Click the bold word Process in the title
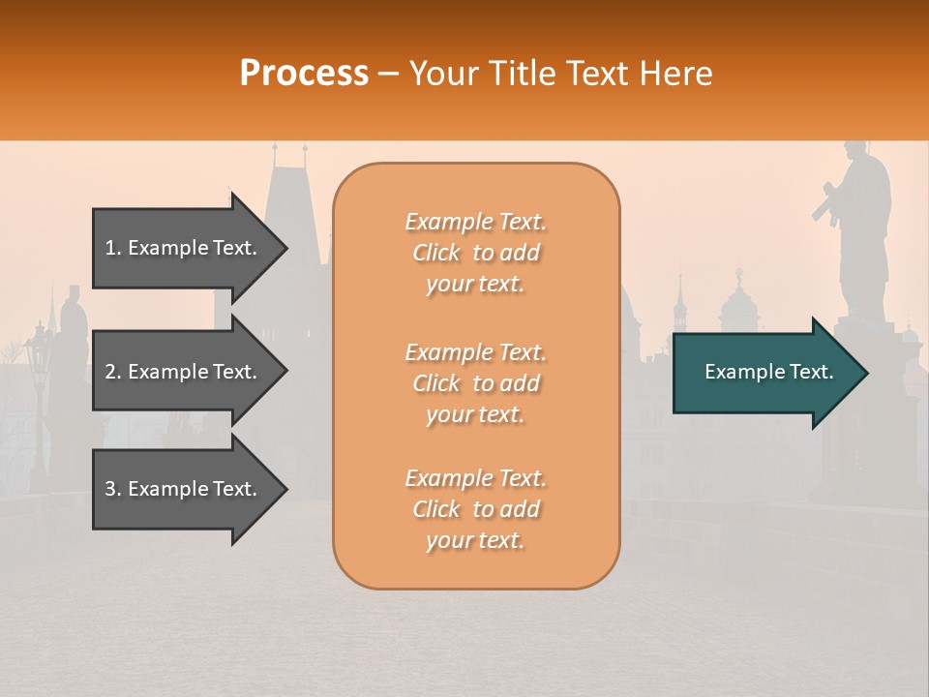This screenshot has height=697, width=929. pyautogui.click(x=304, y=74)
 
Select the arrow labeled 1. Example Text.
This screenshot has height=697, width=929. pyautogui.click(x=184, y=248)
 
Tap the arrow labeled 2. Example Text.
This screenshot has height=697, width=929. pyautogui.click(x=184, y=372)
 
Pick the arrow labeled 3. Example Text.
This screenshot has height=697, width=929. pyautogui.click(x=184, y=489)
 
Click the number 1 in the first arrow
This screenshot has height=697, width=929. pyautogui.click(x=110, y=248)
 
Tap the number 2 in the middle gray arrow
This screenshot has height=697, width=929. pyautogui.click(x=110, y=372)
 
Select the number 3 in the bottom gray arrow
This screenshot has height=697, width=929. pyautogui.click(x=110, y=489)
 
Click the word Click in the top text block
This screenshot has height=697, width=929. pyautogui.click(x=436, y=253)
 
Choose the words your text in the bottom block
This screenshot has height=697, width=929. pyautogui.click(x=475, y=541)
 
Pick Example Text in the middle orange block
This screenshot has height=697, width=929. pyautogui.click(x=475, y=351)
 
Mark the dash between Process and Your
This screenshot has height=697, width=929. pyautogui.click(x=388, y=74)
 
